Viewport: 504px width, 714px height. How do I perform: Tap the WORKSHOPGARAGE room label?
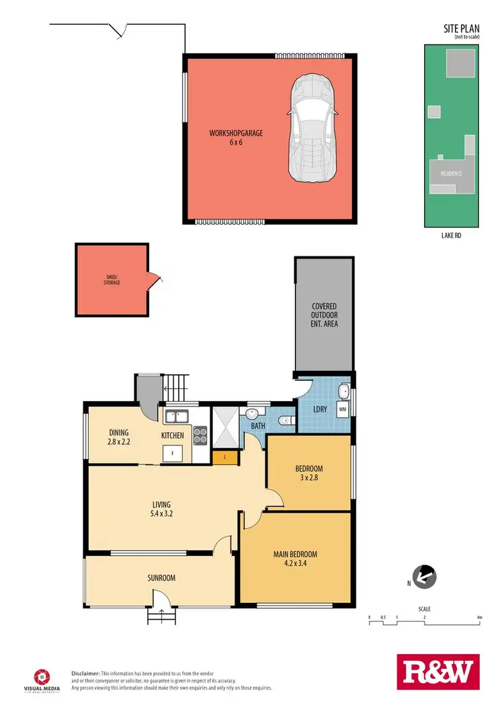pos(235,138)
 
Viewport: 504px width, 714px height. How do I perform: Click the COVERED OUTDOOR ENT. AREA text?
pos(324,315)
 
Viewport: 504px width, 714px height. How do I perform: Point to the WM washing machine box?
pos(342,408)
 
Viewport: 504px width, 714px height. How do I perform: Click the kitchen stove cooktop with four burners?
pos(200,436)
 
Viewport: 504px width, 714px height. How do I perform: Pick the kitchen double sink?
pos(177,417)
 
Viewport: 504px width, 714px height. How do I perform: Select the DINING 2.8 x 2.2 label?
pos(119,437)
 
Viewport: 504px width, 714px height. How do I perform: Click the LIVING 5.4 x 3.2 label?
pos(161,509)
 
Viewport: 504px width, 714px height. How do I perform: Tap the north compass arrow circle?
pos(425,577)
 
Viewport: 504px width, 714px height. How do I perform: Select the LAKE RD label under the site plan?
pos(451,236)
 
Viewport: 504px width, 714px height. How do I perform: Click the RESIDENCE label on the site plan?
pos(451,174)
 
